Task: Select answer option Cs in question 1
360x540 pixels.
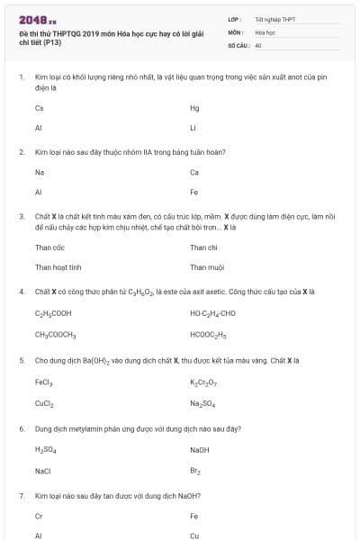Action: [39, 108]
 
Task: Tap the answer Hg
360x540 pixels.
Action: [194, 108]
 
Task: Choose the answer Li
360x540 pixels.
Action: [193, 128]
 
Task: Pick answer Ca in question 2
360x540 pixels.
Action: [194, 172]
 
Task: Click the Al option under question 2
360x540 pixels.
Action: [39, 192]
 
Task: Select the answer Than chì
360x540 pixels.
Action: [203, 247]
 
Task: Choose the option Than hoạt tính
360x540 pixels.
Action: [58, 266]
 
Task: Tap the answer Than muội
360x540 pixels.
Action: [206, 266]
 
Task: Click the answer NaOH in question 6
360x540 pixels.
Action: [200, 449]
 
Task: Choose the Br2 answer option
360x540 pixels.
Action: [194, 470]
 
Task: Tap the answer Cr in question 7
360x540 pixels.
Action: [39, 516]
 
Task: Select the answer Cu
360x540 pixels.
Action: [194, 535]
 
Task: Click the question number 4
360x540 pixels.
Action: [21, 292]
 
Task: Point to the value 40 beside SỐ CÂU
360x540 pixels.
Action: [258, 44]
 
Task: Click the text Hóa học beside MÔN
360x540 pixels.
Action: [265, 31]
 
